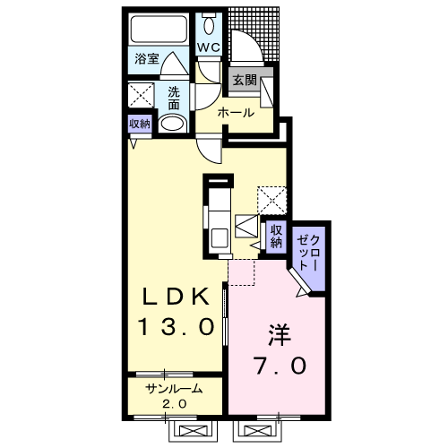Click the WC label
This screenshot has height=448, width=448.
(x=209, y=47)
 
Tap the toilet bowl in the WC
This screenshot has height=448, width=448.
(x=209, y=25)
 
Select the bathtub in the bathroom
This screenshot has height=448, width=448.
(x=159, y=30)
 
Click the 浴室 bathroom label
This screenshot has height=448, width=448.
(x=147, y=58)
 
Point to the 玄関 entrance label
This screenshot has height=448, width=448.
(x=245, y=80)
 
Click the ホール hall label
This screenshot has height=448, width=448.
(x=236, y=113)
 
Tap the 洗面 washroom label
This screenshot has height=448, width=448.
(x=174, y=99)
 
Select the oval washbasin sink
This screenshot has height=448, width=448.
(x=172, y=124)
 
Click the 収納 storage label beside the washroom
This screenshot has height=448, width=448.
(x=140, y=124)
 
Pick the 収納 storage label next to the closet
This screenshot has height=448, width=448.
(x=276, y=236)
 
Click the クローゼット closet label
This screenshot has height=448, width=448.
(x=308, y=253)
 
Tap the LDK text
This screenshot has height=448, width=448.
(x=176, y=297)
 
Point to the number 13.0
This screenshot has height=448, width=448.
(x=177, y=326)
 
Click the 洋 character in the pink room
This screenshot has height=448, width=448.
(x=280, y=335)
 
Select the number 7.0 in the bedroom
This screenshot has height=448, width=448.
(x=280, y=365)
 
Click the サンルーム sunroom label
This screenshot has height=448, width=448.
(x=174, y=389)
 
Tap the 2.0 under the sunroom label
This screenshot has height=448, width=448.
(x=175, y=404)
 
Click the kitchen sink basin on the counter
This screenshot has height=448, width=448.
(x=220, y=238)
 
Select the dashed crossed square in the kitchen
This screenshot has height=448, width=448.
(x=271, y=201)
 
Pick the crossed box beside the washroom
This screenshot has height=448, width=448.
(x=141, y=95)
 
